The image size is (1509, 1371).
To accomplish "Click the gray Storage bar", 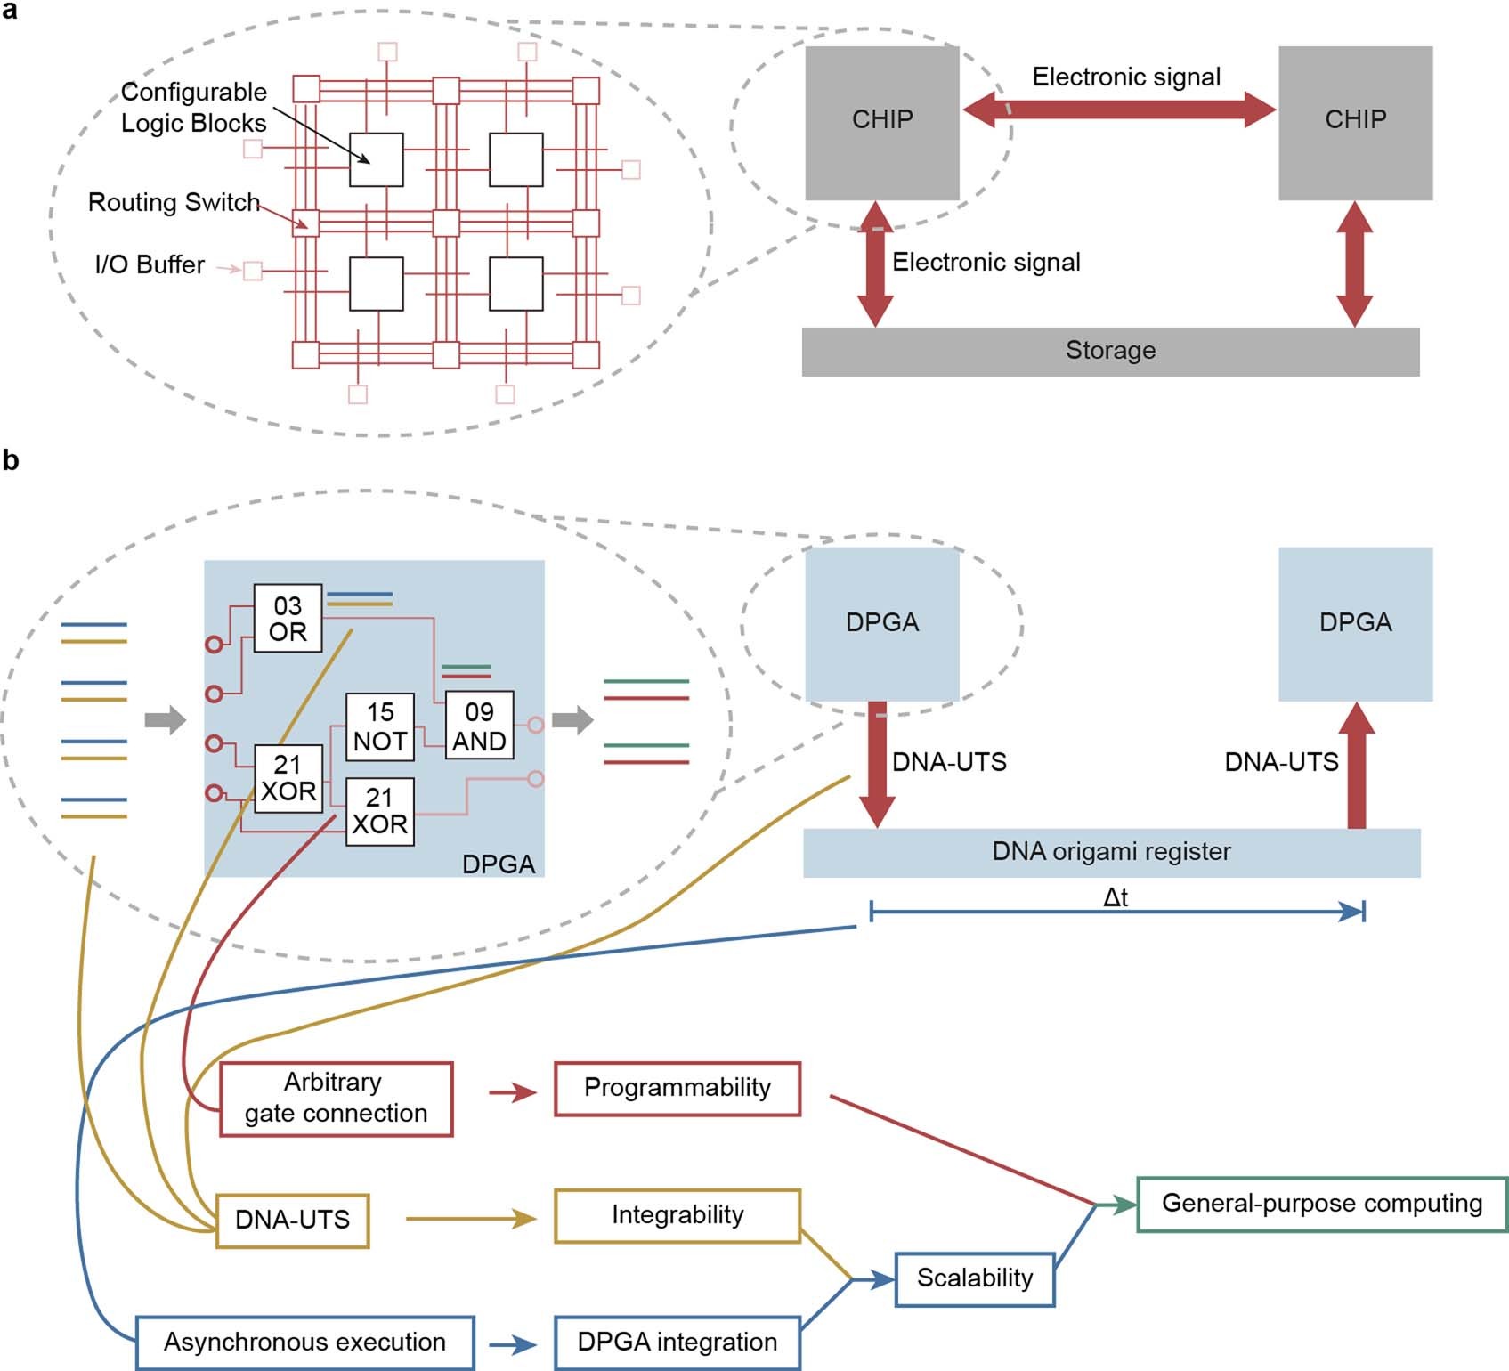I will (x=1110, y=351).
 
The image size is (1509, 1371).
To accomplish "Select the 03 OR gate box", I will (x=288, y=619).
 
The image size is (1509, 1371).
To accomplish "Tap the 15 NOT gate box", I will (x=380, y=726).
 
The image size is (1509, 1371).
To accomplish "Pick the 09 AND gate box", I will (x=479, y=726).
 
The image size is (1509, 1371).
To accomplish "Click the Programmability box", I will (x=677, y=1088).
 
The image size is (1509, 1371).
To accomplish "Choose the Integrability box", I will (x=677, y=1215).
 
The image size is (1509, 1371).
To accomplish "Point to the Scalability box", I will (x=975, y=1278).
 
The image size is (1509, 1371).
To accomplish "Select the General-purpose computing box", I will (x=1322, y=1204).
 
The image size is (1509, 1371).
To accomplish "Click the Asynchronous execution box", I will (x=304, y=1343).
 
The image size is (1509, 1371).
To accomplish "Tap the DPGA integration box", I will (x=677, y=1343).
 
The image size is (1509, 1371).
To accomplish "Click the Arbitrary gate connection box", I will (x=336, y=1098).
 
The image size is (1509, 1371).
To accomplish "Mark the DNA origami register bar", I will (x=1111, y=852).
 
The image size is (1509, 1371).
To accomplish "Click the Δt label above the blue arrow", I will (x=1116, y=897).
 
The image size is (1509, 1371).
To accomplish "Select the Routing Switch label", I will (x=174, y=203).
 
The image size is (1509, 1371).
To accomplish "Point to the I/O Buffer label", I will (x=150, y=265).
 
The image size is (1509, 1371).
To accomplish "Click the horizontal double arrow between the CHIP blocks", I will (x=1119, y=110).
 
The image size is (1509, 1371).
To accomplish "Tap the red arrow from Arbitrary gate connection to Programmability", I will (x=513, y=1092).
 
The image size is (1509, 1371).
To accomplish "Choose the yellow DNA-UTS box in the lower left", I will (x=292, y=1220).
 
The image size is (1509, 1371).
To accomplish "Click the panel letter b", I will (x=11, y=460).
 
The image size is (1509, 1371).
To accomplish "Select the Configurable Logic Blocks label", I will (x=193, y=108).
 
